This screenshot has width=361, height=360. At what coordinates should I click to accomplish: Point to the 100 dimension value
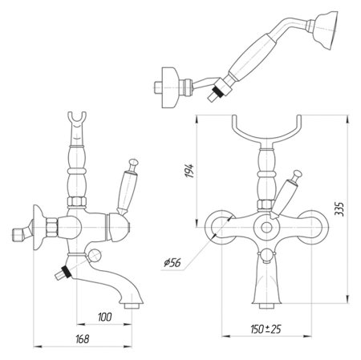click(103, 318)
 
